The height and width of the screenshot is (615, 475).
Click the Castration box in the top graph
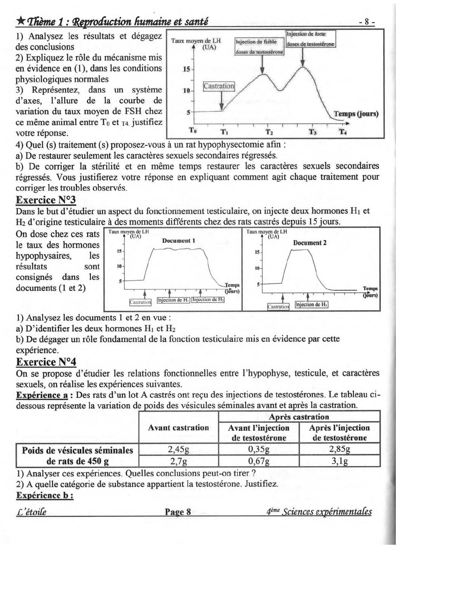click(x=219, y=86)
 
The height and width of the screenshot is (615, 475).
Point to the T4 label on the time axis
click(x=343, y=132)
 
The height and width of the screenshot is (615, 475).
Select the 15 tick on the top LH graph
click(x=187, y=69)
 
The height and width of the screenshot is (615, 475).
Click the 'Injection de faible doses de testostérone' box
click(x=259, y=47)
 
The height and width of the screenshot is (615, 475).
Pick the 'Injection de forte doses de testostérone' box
click(x=310, y=39)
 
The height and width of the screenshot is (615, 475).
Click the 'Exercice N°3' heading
click(x=46, y=200)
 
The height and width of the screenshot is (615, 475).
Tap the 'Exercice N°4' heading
click(x=46, y=362)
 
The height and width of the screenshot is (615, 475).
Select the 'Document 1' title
click(x=179, y=241)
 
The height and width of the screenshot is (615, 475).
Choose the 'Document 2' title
click(x=310, y=243)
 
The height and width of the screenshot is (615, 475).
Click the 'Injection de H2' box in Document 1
click(x=208, y=300)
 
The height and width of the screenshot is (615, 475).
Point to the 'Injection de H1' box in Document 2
click(x=312, y=305)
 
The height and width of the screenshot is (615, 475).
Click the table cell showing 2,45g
click(x=179, y=450)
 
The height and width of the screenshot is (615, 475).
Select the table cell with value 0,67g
click(x=259, y=461)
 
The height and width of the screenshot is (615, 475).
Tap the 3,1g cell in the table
click(x=340, y=461)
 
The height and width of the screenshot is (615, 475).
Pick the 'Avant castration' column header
click(x=179, y=428)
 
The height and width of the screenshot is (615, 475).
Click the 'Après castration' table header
click(x=299, y=417)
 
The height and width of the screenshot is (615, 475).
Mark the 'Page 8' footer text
click(x=178, y=512)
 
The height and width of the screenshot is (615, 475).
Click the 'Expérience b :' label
click(x=45, y=496)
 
